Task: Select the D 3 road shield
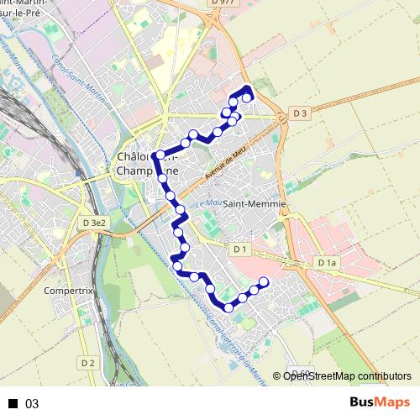coord(302,113)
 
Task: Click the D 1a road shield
coord(327,263)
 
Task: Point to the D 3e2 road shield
coord(94,223)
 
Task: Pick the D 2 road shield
coord(88,362)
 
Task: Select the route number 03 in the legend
coord(33,403)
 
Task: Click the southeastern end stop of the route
coord(264,282)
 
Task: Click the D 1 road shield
coord(240,249)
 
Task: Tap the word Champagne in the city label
coord(147,171)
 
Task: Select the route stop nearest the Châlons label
coord(157,155)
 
